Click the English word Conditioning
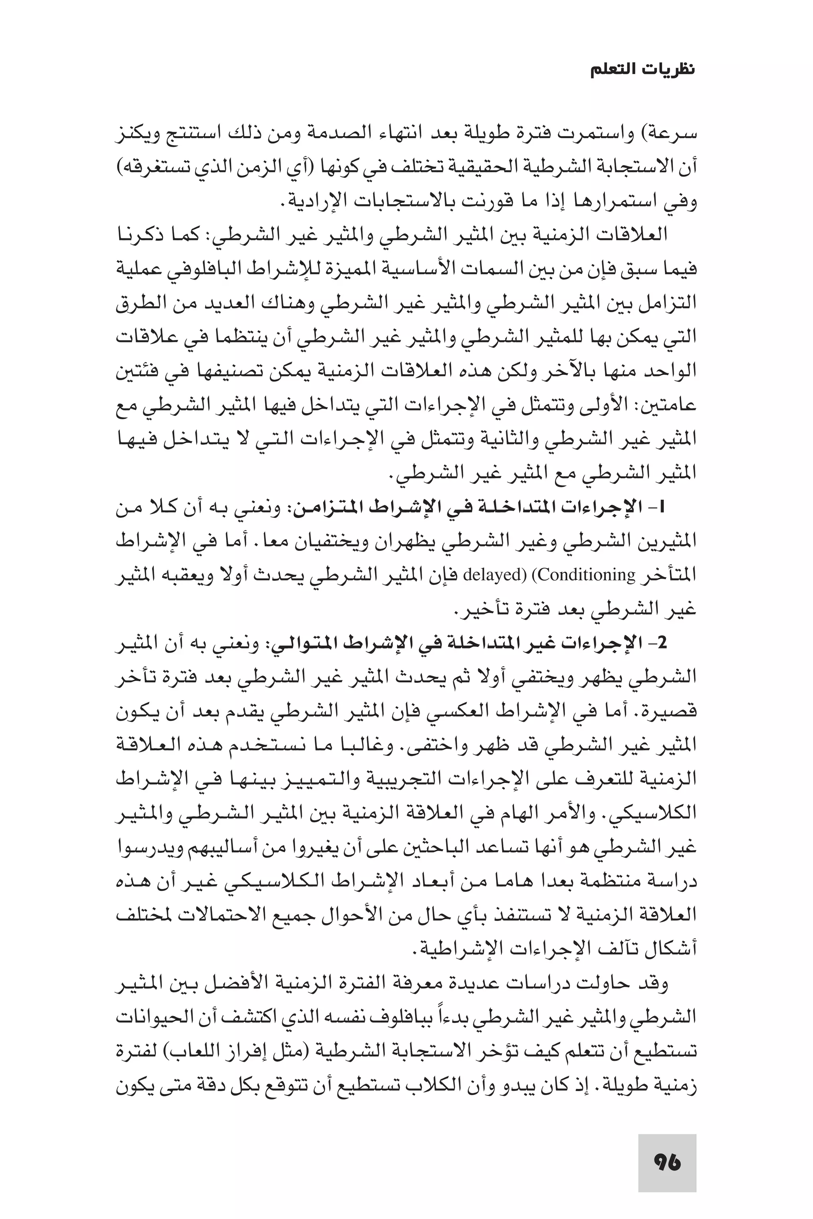584,575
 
